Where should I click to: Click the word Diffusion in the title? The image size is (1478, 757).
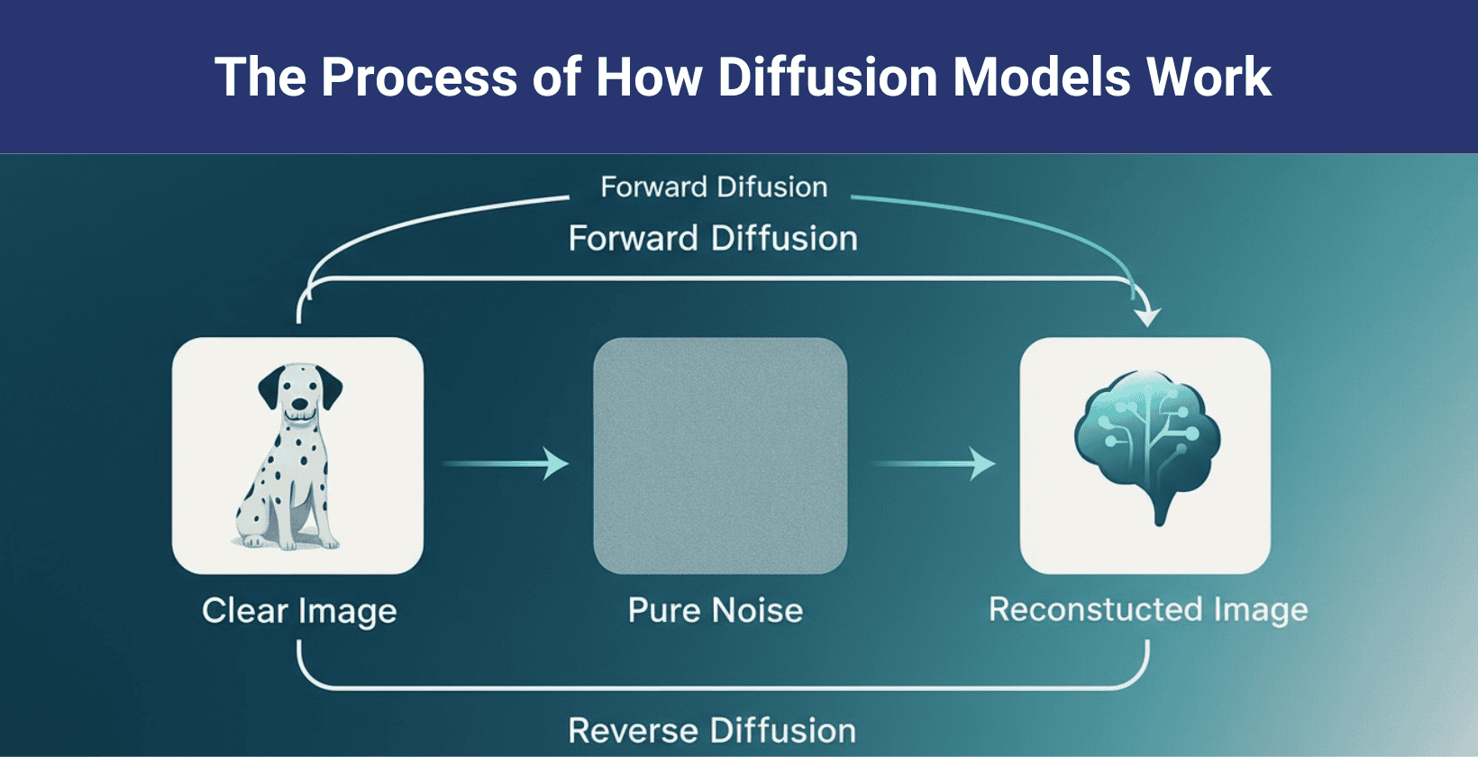(827, 77)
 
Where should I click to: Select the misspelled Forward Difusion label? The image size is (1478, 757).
(714, 187)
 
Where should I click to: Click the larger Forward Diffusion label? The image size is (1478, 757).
(713, 239)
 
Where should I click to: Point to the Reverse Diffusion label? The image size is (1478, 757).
(712, 730)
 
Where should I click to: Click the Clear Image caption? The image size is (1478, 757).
(299, 611)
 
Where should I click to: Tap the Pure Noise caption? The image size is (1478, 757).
(715, 611)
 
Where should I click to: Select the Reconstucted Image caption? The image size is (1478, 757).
(1147, 610)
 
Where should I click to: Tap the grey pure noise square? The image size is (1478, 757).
(719, 455)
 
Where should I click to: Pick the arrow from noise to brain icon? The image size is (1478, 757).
(935, 464)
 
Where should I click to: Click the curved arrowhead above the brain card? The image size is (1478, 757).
(1147, 315)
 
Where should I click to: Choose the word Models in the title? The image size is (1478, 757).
(1041, 77)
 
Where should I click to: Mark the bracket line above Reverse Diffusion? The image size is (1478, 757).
(721, 689)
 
